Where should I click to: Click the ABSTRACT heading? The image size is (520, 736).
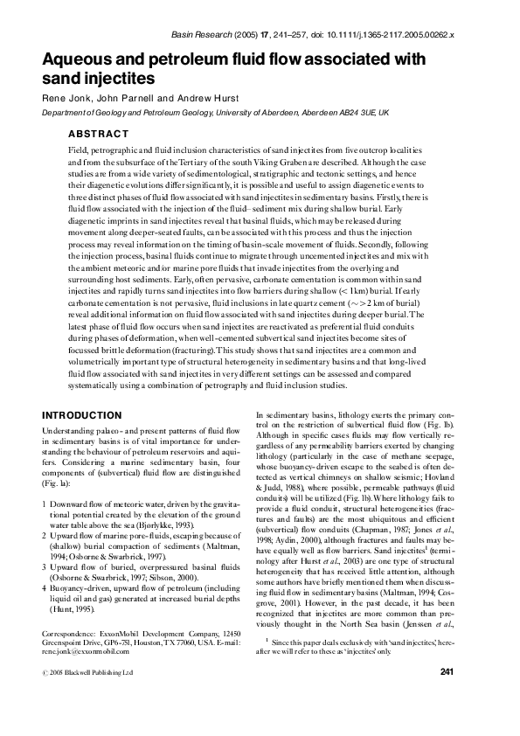pyautogui.click(x=98, y=134)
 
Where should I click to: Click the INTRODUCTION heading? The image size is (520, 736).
pyautogui.click(x=83, y=414)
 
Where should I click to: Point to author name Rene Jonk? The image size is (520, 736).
pyautogui.click(x=66, y=99)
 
